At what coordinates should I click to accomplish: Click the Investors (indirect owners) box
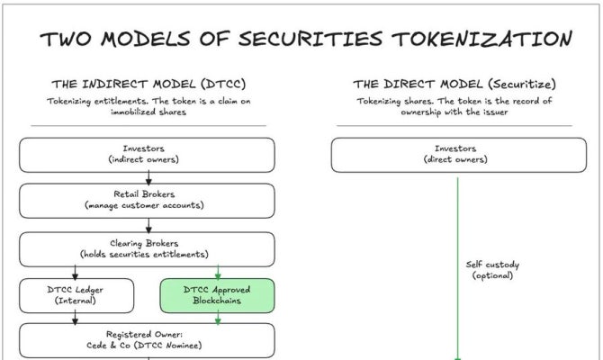pyautogui.click(x=147, y=154)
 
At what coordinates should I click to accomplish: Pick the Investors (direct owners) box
pyautogui.click(x=456, y=154)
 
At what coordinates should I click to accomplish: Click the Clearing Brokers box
pyautogui.click(x=147, y=248)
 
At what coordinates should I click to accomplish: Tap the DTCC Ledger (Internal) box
pyautogui.click(x=76, y=295)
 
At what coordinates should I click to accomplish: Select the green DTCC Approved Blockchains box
pyautogui.click(x=217, y=295)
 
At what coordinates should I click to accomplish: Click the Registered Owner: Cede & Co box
pyautogui.click(x=147, y=338)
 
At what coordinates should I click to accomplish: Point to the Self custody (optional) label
pyautogui.click(x=492, y=270)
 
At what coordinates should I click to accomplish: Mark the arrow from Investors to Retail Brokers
pyautogui.click(x=148, y=178)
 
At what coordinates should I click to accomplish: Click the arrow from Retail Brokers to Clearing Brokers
pyautogui.click(x=148, y=225)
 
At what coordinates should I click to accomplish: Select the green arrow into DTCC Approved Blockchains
pyautogui.click(x=218, y=272)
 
